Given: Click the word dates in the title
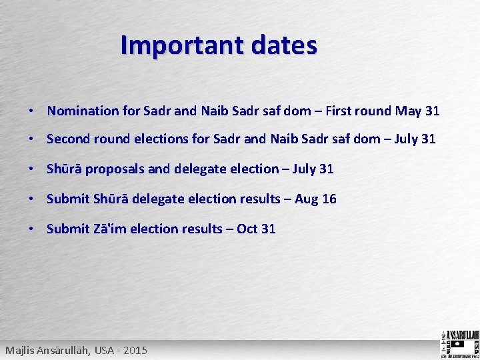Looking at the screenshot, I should (283, 45).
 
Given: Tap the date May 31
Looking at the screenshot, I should (417, 111).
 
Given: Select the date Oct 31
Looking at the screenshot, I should (256, 229).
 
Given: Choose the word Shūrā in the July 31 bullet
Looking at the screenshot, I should (64, 169).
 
